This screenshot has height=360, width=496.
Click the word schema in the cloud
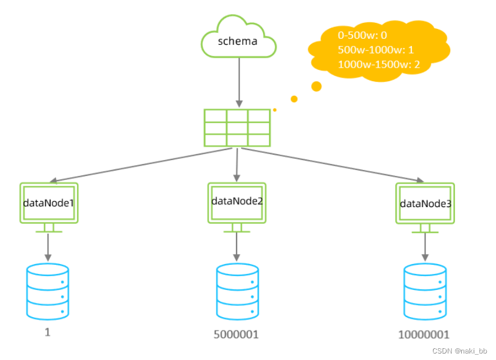click(x=238, y=41)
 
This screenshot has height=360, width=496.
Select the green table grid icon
click(x=237, y=128)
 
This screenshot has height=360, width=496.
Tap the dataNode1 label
click(x=48, y=203)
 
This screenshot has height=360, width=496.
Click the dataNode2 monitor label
click(x=237, y=201)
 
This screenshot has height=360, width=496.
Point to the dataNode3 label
click(x=425, y=204)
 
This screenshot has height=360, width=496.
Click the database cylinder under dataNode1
click(x=48, y=291)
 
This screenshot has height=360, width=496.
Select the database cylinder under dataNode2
click(x=238, y=291)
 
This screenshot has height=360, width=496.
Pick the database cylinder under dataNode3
click(x=425, y=291)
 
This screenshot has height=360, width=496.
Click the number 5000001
click(x=237, y=334)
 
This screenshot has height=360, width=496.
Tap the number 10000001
click(x=424, y=334)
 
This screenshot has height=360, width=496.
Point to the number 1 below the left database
click(x=48, y=332)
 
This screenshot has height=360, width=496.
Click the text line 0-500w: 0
click(x=362, y=35)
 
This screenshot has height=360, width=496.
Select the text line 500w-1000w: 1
click(x=376, y=49)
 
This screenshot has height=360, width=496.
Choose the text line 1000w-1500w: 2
click(x=379, y=64)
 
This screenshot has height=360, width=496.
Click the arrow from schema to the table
click(x=239, y=82)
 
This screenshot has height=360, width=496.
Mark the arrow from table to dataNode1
click(x=141, y=165)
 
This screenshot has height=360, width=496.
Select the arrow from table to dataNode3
click(x=332, y=165)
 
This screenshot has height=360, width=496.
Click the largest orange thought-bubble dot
click(x=317, y=86)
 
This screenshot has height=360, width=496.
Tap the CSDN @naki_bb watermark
click(x=460, y=351)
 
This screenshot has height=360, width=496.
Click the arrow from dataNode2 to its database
click(x=237, y=246)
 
